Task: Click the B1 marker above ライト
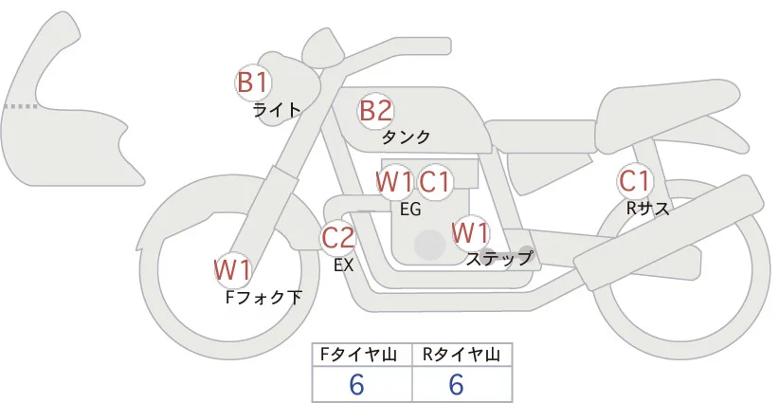[252, 82]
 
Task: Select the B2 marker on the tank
[375, 111]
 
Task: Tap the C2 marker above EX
[337, 237]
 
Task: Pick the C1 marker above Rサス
[634, 180]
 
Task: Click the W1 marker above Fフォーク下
[232, 270]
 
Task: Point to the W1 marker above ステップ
[470, 232]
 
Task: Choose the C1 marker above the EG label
[436, 180]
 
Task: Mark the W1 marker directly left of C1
[393, 180]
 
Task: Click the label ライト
[277, 109]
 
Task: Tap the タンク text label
[407, 137]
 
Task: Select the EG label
[411, 210]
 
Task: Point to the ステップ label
[499, 257]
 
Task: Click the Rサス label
[648, 209]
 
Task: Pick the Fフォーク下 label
[263, 297]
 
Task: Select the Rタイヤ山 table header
[461, 355]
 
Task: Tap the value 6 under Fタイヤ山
[357, 384]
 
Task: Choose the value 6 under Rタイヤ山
[456, 384]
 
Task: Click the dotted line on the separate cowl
[21, 106]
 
